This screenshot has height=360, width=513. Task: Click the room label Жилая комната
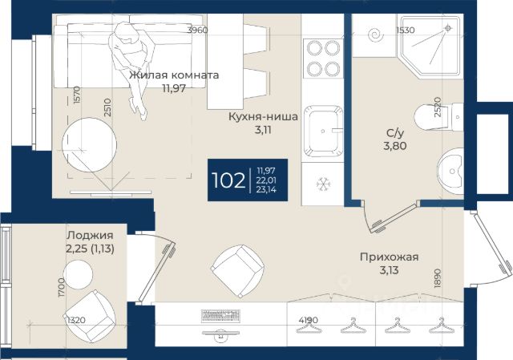(174, 75)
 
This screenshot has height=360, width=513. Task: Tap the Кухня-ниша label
(263, 116)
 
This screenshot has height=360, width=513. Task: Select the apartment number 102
(228, 180)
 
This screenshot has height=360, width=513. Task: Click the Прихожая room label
(389, 257)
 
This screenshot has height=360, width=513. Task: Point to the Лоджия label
(90, 235)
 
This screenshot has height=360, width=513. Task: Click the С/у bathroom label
(395, 133)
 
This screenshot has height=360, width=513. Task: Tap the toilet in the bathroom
(438, 117)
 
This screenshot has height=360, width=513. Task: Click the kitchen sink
(323, 131)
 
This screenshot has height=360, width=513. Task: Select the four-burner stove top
(323, 59)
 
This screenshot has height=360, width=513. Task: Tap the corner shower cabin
(431, 47)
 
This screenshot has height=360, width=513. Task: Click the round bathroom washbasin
(450, 171)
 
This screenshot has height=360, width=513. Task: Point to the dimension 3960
(197, 30)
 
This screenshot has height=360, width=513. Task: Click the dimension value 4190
(308, 320)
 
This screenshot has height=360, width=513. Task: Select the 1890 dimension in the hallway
(438, 278)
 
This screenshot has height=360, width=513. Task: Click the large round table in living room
(89, 145)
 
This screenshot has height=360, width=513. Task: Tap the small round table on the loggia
(78, 274)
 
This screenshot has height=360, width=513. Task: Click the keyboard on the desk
(220, 316)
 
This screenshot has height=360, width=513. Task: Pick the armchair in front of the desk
(237, 271)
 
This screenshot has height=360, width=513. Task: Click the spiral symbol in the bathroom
(375, 35)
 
